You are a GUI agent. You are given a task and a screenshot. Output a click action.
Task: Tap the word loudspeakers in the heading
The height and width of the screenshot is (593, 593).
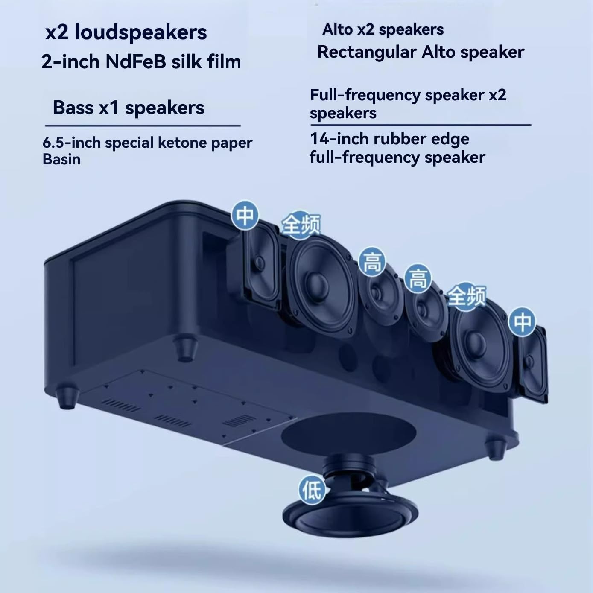click(141, 32)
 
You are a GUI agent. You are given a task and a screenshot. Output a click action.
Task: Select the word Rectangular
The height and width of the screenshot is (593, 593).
click(366, 52)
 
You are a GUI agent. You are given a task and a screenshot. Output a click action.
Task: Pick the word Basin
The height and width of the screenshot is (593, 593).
click(61, 159)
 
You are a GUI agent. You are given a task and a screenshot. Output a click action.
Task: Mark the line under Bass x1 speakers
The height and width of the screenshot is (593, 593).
click(143, 126)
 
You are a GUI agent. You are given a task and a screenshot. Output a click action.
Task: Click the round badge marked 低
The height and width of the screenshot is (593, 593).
click(312, 489)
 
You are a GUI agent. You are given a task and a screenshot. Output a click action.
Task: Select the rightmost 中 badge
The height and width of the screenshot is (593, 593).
click(522, 321)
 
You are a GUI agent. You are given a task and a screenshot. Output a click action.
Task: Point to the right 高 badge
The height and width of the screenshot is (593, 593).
click(418, 279)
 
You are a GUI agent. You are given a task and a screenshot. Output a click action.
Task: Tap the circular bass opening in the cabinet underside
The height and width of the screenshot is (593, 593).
click(348, 434)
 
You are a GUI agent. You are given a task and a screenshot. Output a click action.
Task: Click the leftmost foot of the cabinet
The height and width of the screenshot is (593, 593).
click(68, 397)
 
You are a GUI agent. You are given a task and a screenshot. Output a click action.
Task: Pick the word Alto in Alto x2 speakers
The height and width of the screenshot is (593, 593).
click(338, 30)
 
